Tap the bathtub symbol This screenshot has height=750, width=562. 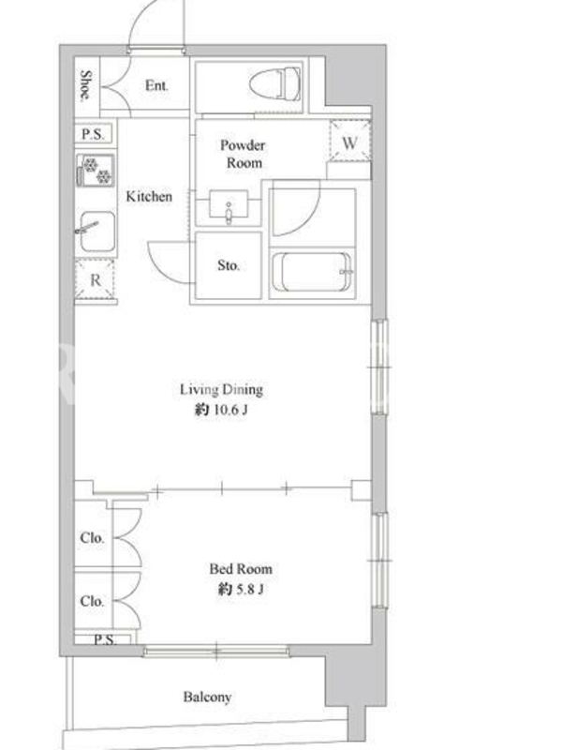coord(312,272)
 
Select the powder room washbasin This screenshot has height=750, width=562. coord(229,206)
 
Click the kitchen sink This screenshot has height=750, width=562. coord(96,232)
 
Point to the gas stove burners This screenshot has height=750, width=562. coord(96,171)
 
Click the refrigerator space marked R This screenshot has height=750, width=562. coord(96,279)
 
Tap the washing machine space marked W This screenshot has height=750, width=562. coord(349,142)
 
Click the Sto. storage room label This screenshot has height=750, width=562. coord(229,265)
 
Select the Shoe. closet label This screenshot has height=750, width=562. coord(86,85)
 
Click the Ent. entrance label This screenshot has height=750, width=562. coord(156,85)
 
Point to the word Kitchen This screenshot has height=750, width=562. coord(149,196)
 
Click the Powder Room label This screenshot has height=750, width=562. coord(244,154)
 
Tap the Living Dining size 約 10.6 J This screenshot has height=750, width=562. coord(221,410)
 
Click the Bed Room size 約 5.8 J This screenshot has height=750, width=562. coord(241,589)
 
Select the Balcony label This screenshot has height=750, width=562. coord(207,697)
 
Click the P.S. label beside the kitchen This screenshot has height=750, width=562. coord(93,134)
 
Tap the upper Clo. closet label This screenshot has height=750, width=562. coord(92,538)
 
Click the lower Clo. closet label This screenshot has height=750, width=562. coord(92,601)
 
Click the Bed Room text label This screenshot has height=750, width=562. coord(241,569)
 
